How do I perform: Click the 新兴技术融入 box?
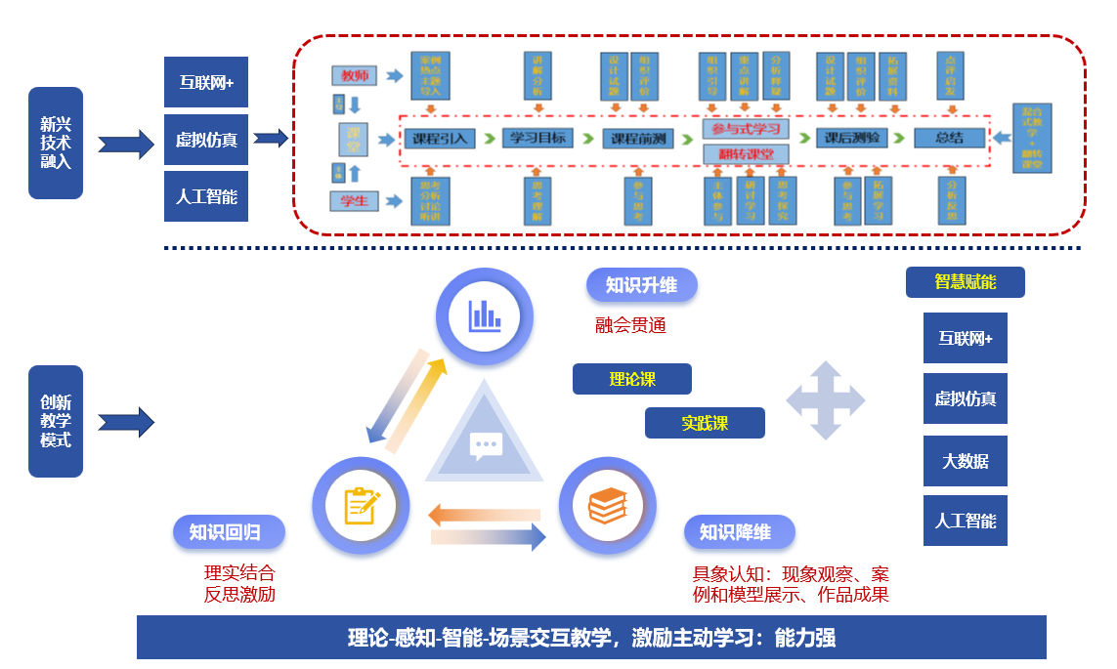click(x=56, y=144)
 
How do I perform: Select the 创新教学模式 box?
click(x=56, y=421)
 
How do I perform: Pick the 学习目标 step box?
click(x=537, y=139)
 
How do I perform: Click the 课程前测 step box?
click(x=639, y=139)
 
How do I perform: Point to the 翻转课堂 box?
click(x=747, y=154)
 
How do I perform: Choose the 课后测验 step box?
click(x=852, y=139)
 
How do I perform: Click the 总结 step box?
click(x=949, y=139)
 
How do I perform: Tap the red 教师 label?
click(x=355, y=76)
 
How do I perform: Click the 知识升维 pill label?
click(x=641, y=285)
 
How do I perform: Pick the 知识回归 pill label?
click(x=230, y=532)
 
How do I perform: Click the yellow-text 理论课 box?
click(x=632, y=379)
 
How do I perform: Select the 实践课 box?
click(x=705, y=423)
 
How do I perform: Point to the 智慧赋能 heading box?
click(x=966, y=282)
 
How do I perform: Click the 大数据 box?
click(x=966, y=461)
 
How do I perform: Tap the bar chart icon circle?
click(x=485, y=314)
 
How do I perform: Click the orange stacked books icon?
click(x=607, y=505)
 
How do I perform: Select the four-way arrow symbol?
click(x=826, y=400)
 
